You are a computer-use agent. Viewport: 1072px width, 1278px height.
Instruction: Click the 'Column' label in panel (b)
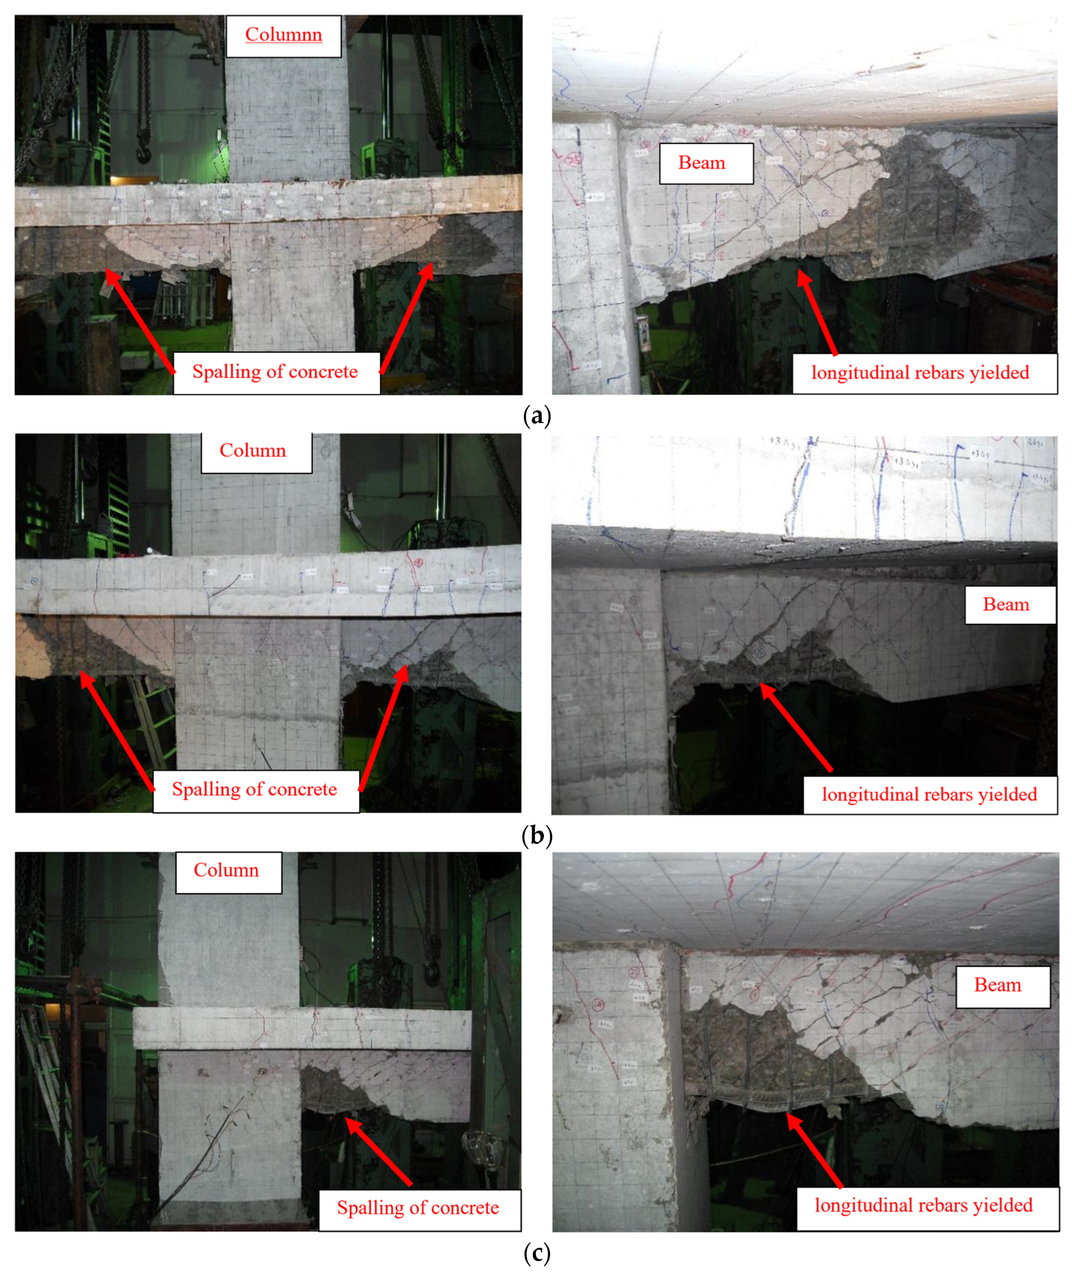click(x=253, y=451)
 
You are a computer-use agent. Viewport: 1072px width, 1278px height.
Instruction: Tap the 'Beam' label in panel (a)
click(x=702, y=163)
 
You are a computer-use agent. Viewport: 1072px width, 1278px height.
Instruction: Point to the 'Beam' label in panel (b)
click(x=1006, y=605)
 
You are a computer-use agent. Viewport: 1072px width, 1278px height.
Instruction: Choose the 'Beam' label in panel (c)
click(x=998, y=985)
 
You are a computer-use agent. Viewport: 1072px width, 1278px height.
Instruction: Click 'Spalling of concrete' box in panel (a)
click(x=275, y=373)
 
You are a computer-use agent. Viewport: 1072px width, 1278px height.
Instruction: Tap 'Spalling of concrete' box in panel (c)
click(x=418, y=1208)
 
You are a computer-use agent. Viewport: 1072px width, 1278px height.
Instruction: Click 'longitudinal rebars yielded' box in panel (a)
click(x=920, y=373)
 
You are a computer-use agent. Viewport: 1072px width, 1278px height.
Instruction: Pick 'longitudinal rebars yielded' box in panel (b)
click(x=930, y=795)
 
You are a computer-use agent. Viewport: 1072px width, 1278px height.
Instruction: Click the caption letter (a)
click(x=536, y=416)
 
